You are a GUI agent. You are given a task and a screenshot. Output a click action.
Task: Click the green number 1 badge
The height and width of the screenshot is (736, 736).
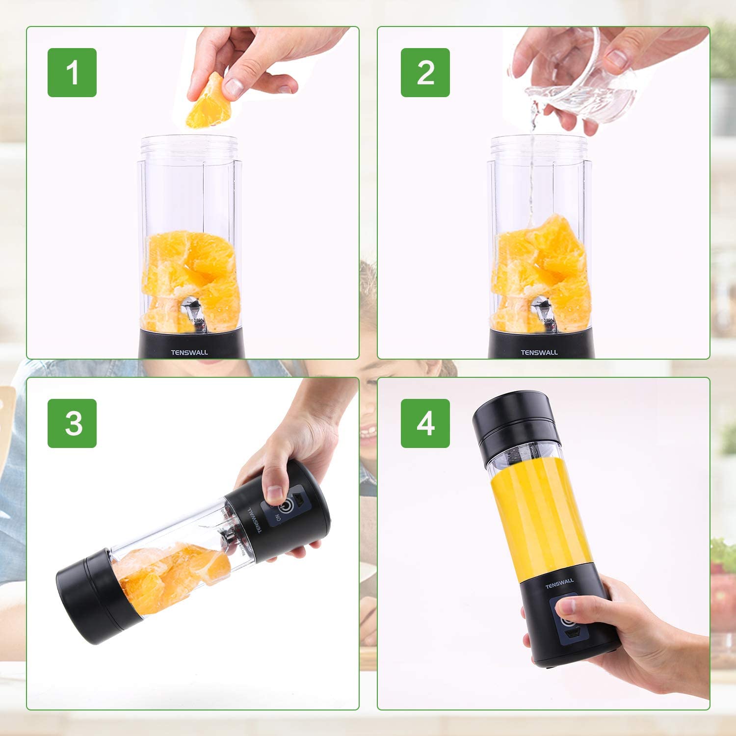pyautogui.click(x=72, y=73)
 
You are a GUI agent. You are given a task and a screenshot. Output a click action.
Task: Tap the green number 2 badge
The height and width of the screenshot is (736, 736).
pyautogui.click(x=425, y=73)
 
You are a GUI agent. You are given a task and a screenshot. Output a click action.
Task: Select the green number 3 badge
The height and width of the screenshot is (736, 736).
pyautogui.click(x=72, y=423)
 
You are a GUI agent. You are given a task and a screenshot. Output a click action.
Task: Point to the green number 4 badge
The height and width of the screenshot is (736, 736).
pyautogui.click(x=425, y=423)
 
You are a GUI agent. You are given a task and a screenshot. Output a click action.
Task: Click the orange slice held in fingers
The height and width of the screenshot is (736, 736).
pyautogui.click(x=209, y=103)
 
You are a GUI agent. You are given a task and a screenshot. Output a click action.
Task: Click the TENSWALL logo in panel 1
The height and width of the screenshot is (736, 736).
pyautogui.click(x=189, y=352)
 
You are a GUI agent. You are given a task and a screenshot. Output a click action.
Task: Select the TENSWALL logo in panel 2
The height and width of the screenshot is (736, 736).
pyautogui.click(x=539, y=352)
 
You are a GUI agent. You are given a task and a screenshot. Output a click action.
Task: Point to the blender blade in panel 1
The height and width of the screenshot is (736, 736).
pyautogui.click(x=192, y=309)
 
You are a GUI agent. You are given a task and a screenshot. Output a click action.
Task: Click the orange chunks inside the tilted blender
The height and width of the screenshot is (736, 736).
pyautogui.click(x=172, y=574)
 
